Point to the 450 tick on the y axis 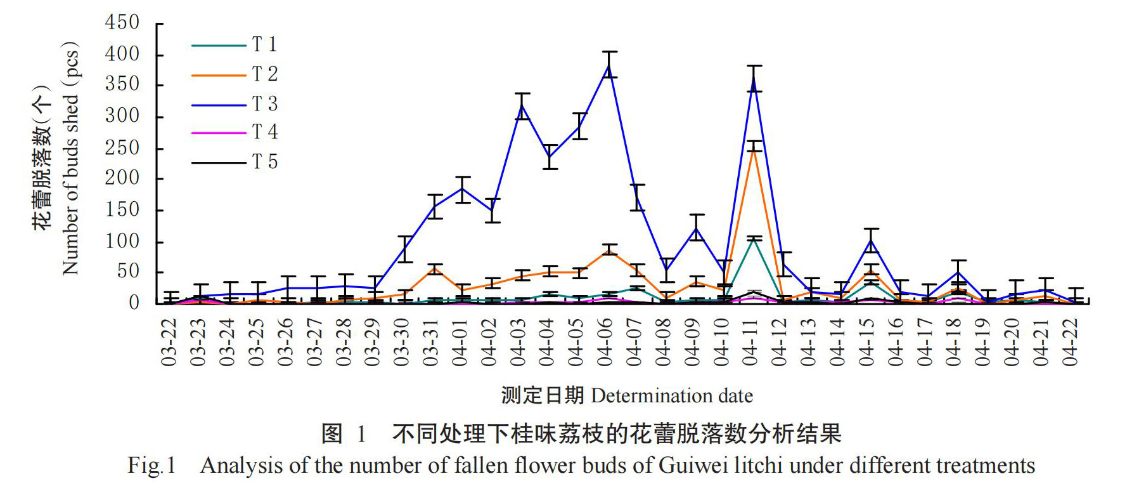122,23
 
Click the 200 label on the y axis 122,178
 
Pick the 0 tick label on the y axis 134,303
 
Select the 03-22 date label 169,343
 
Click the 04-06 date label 605,343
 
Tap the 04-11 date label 750,343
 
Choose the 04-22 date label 1071,343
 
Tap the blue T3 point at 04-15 871,241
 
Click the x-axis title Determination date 672,396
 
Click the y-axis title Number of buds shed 70,159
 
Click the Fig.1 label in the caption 151,466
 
